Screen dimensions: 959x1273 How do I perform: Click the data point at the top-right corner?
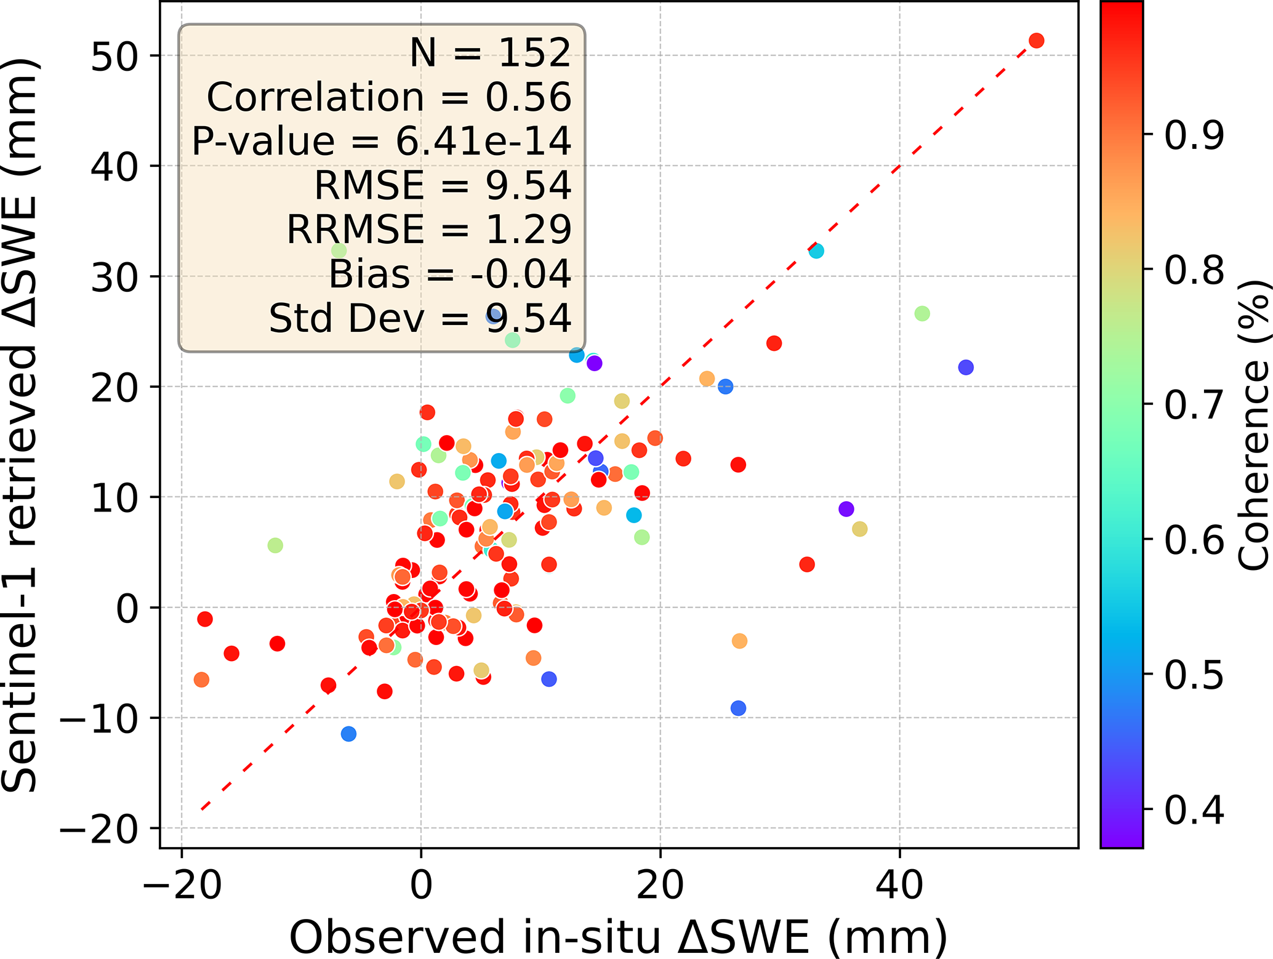pyautogui.click(x=1037, y=41)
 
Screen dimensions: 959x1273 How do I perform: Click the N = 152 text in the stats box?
pyautogui.click(x=490, y=53)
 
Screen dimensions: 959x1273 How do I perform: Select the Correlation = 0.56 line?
pyautogui.click(x=389, y=97)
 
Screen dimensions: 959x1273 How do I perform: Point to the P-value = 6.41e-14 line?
pyautogui.click(x=382, y=141)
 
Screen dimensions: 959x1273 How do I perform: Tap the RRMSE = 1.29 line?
pyautogui.click(x=429, y=230)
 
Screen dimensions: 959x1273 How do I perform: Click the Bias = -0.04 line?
pyautogui.click(x=450, y=274)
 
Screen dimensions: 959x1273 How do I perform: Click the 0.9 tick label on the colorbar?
pyautogui.click(x=1194, y=134)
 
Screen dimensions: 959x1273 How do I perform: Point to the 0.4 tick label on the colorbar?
pyautogui.click(x=1194, y=809)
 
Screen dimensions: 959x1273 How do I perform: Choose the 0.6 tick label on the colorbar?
pyautogui.click(x=1194, y=540)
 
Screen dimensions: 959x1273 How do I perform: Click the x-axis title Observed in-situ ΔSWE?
pyautogui.click(x=618, y=937)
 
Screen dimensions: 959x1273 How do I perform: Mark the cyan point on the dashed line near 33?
pyautogui.click(x=816, y=251)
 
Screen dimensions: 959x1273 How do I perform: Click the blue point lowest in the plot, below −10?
pyautogui.click(x=348, y=734)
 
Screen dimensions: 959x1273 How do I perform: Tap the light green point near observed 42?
pyautogui.click(x=922, y=314)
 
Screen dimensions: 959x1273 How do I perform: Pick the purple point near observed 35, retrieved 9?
pyautogui.click(x=846, y=509)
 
